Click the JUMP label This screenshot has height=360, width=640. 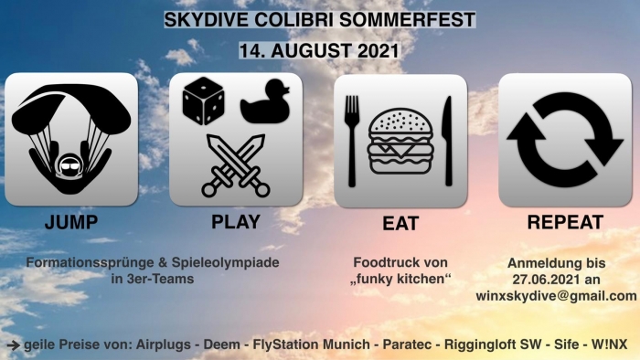[70, 222]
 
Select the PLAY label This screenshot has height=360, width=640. [236, 222]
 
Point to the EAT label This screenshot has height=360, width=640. [400, 224]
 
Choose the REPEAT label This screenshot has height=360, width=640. [565, 222]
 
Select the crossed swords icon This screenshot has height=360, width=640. [236, 164]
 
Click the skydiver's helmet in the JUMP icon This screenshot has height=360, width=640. [71, 166]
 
